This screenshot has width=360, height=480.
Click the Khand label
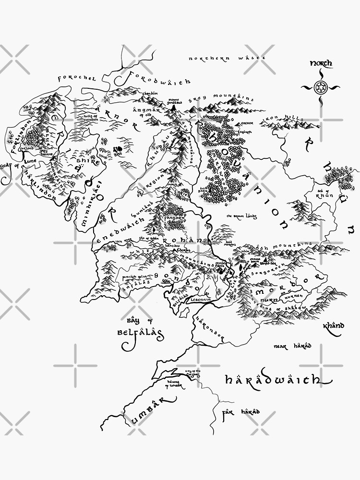(x=333, y=326)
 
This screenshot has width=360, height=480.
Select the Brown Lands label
(x=242, y=217)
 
